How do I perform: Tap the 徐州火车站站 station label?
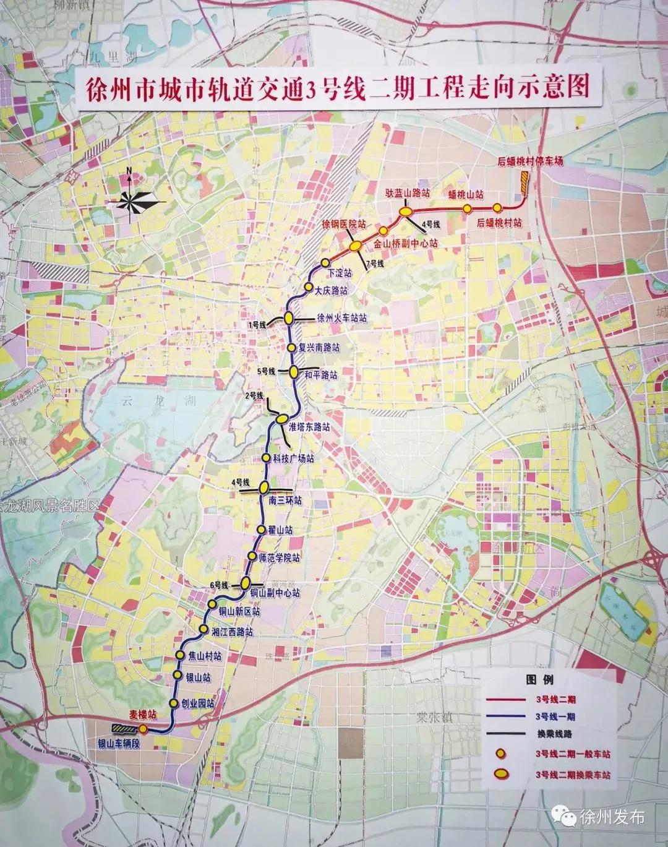(341, 318)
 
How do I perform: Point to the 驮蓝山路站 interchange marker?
(406, 212)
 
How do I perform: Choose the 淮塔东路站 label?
(309, 427)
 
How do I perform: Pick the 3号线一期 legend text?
(555, 716)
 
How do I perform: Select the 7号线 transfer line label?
(375, 264)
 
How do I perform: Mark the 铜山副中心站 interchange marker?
(246, 582)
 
